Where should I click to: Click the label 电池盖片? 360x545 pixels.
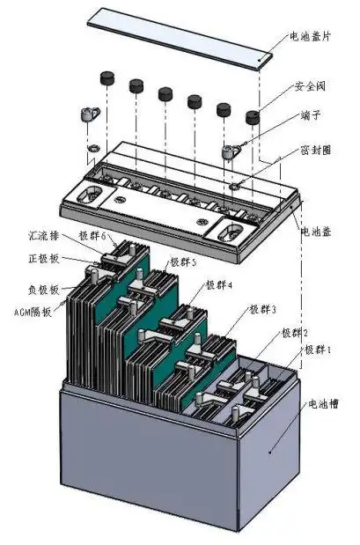(x=312, y=38)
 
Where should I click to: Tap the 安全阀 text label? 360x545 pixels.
(x=312, y=88)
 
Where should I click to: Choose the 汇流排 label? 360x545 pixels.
(x=42, y=237)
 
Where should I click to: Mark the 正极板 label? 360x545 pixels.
(x=42, y=261)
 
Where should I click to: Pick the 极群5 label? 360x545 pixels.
(x=183, y=262)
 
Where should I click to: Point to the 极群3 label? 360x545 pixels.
(x=262, y=310)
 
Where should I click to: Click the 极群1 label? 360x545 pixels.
(x=318, y=350)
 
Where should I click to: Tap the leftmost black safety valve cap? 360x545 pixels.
(x=110, y=77)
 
